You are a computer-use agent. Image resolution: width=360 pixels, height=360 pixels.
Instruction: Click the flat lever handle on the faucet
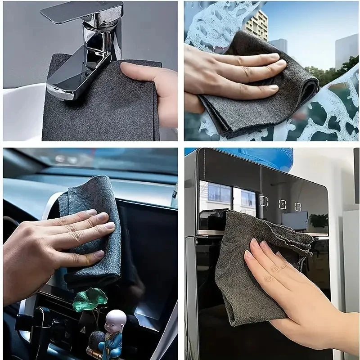coord(81,12)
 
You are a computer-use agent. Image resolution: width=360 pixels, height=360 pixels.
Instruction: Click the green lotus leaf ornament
coord(90,299)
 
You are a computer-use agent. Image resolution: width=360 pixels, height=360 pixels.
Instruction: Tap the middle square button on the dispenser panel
coord(282,204)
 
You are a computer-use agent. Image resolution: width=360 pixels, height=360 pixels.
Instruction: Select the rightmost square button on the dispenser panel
coord(298,207)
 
